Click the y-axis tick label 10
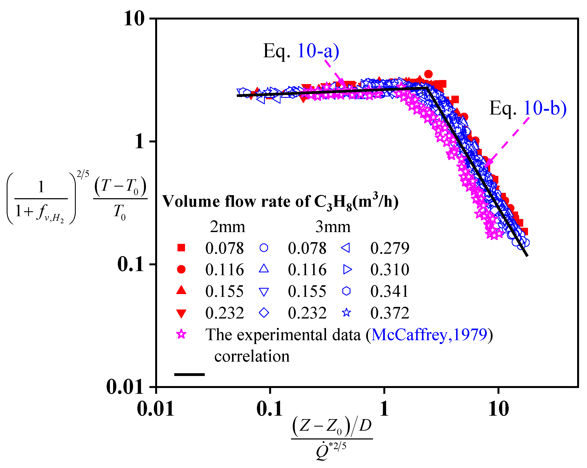click(134, 19)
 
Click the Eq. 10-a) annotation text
click(301, 51)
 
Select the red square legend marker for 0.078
click(181, 248)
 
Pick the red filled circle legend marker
click(181, 269)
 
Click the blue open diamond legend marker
click(264, 313)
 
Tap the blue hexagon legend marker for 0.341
click(346, 291)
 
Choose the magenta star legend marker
click(181, 334)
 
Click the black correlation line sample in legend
click(189, 374)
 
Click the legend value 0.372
click(390, 313)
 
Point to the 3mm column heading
click(333, 227)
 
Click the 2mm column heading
click(227, 227)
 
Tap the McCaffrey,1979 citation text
click(429, 335)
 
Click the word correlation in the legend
click(252, 356)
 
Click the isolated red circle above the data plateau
click(428, 74)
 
